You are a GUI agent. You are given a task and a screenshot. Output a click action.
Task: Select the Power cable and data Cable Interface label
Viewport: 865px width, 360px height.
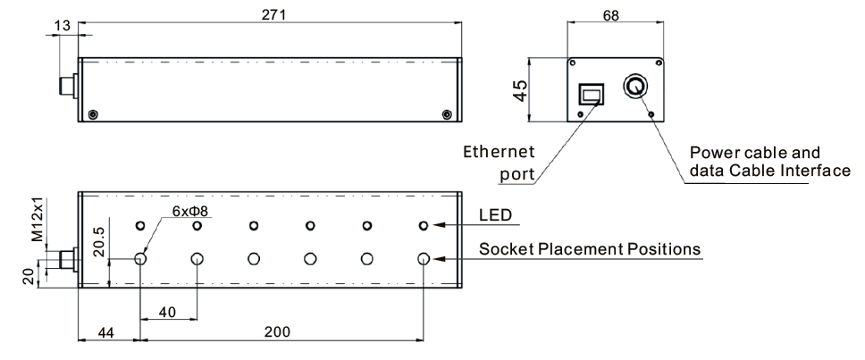pyautogui.click(x=764, y=162)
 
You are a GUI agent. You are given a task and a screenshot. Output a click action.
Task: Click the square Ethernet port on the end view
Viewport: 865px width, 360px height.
pyautogui.click(x=592, y=95)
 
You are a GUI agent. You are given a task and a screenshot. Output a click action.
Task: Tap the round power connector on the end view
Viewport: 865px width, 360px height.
pyautogui.click(x=634, y=87)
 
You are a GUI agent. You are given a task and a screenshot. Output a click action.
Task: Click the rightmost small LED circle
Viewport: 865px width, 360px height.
pyautogui.click(x=424, y=225)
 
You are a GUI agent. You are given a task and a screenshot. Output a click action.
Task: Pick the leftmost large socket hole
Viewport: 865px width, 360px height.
pyautogui.click(x=141, y=259)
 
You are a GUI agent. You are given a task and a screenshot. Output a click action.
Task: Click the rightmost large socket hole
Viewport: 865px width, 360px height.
pyautogui.click(x=424, y=259)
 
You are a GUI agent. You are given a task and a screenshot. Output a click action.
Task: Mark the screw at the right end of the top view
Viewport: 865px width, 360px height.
pyautogui.click(x=448, y=113)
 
